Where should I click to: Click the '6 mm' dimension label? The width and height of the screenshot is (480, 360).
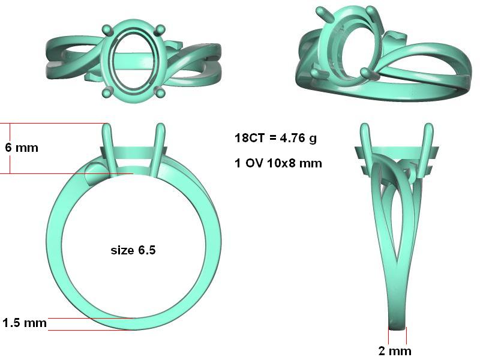(22, 148)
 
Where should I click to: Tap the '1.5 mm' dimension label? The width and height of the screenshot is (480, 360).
(25, 323)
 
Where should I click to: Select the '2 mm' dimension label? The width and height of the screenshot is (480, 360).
(395, 351)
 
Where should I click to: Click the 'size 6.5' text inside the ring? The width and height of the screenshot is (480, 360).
(133, 250)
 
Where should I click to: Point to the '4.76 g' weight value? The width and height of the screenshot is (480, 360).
(298, 138)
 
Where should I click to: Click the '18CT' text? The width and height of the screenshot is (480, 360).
(249, 138)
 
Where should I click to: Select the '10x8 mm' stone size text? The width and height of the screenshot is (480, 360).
(295, 163)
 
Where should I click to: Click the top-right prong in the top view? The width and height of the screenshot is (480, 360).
(160, 29)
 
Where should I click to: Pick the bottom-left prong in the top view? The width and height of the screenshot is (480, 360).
(107, 93)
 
